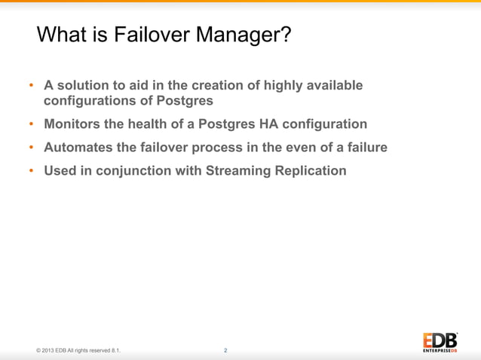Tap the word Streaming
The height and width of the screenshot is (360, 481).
point(237,171)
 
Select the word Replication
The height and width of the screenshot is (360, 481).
point(311,171)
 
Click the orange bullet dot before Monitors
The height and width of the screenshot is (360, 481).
point(32,124)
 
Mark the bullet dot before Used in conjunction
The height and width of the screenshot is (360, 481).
point(32,172)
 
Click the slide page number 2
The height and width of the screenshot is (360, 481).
point(226,350)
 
